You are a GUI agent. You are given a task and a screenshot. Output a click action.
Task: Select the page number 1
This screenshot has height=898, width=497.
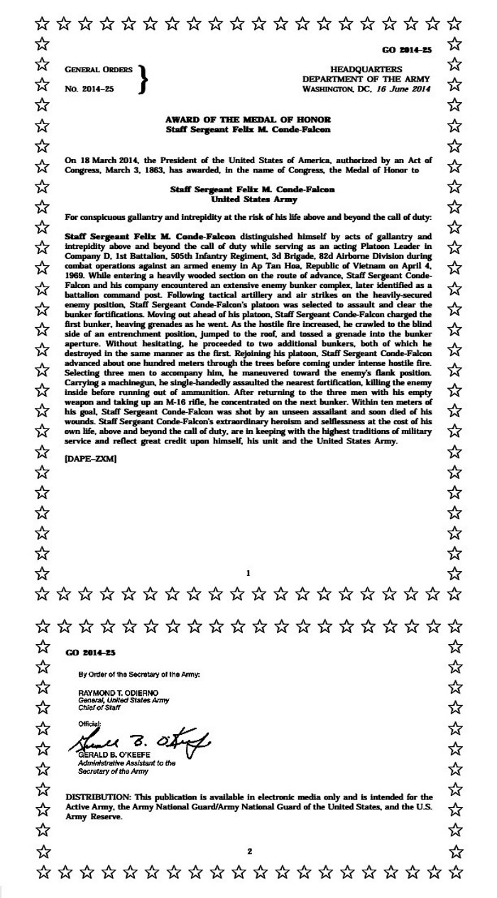click(248, 572)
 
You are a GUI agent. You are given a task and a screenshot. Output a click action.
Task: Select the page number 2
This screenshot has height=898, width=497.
click(249, 850)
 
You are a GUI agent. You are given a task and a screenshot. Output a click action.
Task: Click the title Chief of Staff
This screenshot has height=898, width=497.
click(99, 707)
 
